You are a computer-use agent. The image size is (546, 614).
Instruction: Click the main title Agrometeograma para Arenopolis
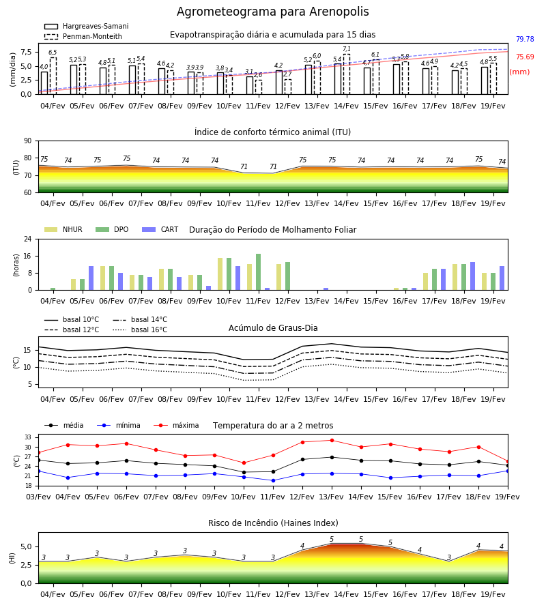(x=272, y=12)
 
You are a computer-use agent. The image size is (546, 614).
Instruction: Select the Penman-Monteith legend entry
(x=83, y=36)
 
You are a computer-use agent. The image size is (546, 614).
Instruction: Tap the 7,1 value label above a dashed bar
(x=347, y=49)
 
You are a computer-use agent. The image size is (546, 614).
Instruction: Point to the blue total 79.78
(x=525, y=39)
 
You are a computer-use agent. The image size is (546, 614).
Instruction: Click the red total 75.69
(x=525, y=57)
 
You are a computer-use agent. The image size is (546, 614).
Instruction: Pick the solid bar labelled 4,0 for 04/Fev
(x=44, y=83)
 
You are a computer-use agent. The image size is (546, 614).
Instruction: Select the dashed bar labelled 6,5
(x=53, y=76)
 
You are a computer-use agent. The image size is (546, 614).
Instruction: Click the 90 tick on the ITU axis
(x=28, y=141)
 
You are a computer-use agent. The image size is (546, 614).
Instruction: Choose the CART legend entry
(x=160, y=229)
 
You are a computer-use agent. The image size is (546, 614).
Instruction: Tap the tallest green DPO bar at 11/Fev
(x=259, y=272)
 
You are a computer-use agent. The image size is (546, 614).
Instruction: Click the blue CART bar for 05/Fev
(x=91, y=278)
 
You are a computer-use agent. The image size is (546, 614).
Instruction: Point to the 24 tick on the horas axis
(x=28, y=239)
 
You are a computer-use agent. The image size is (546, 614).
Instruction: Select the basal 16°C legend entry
(x=140, y=330)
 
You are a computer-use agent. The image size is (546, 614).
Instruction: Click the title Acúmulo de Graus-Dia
(x=273, y=327)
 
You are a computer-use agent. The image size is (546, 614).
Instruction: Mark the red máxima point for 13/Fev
(x=332, y=441)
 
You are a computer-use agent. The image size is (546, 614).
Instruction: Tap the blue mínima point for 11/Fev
(x=274, y=480)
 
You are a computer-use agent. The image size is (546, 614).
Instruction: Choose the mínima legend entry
(x=119, y=425)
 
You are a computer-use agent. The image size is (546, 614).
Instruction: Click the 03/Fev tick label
(x=38, y=497)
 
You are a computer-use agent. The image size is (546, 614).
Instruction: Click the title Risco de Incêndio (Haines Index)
(x=273, y=523)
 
